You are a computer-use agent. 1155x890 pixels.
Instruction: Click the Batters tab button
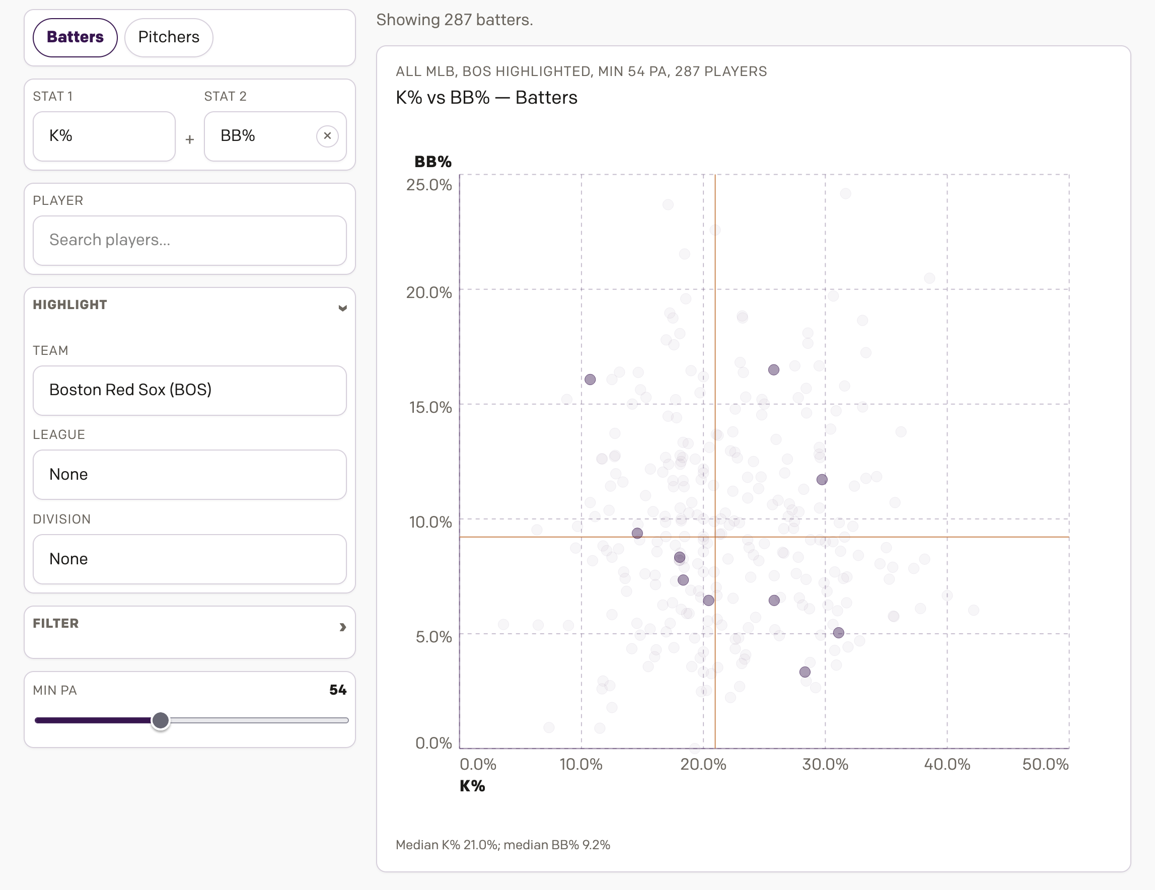(75, 37)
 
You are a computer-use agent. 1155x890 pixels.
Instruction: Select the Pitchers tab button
(169, 37)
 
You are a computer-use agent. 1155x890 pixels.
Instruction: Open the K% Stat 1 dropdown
(104, 136)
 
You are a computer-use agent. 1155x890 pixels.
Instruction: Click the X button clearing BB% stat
(327, 136)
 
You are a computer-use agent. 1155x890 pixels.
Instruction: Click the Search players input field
(189, 240)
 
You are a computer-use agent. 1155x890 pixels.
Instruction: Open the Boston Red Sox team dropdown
(189, 390)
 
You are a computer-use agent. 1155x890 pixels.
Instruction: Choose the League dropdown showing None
(189, 474)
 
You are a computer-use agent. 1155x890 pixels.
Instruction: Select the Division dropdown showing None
(189, 559)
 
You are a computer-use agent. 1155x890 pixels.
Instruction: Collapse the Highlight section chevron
(343, 308)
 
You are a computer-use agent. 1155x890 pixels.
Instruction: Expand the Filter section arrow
(343, 627)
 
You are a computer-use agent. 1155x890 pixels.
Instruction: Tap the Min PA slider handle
(160, 720)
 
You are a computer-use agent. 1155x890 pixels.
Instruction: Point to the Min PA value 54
(337, 690)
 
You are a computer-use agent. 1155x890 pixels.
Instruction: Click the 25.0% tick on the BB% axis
(429, 185)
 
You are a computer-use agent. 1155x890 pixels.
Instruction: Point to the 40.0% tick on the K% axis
(947, 764)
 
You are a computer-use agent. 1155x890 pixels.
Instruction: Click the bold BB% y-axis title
(432, 162)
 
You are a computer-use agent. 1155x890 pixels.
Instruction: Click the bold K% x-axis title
(472, 786)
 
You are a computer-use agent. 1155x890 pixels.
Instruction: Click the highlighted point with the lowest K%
(590, 379)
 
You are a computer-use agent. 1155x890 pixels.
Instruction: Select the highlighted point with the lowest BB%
(805, 672)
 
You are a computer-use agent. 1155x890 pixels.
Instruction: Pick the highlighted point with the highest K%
(839, 632)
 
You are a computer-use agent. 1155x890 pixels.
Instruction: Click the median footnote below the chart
(502, 845)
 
